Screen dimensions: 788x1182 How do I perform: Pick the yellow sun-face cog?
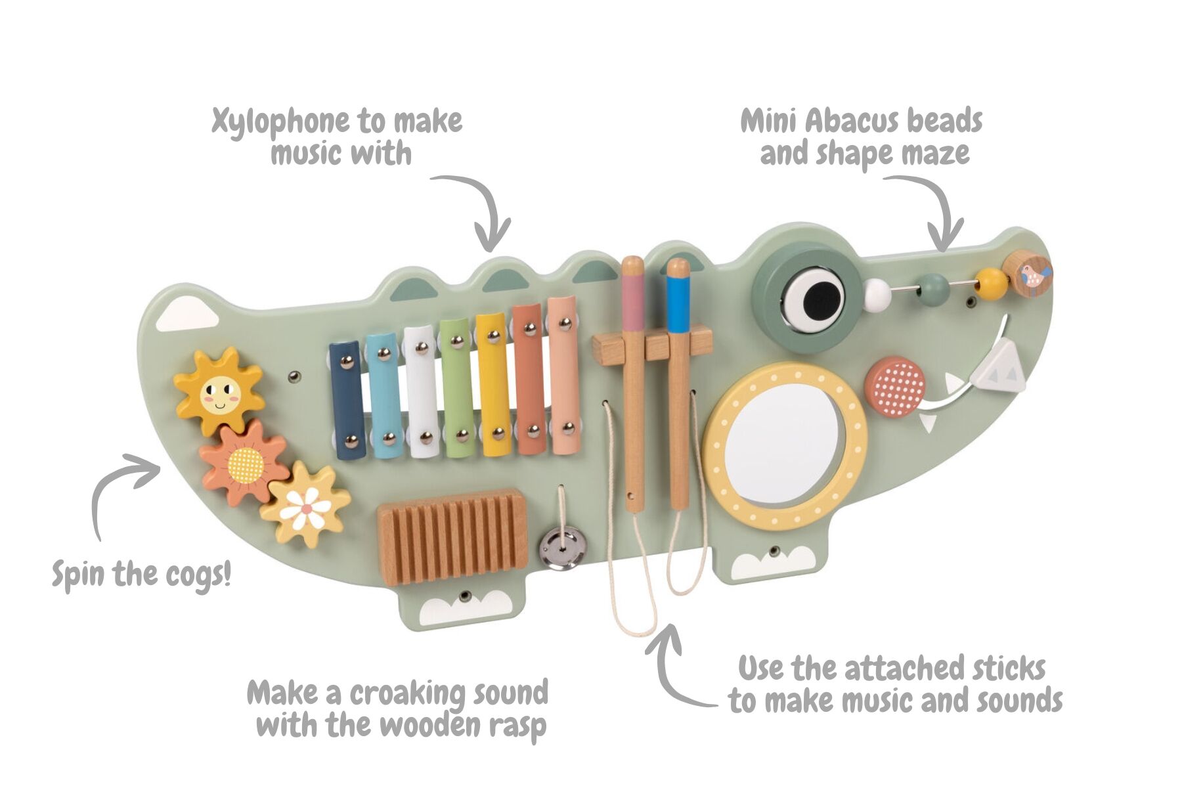[219, 391]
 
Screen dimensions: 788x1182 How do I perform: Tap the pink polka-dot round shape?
[894, 387]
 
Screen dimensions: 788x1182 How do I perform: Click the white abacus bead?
[877, 295]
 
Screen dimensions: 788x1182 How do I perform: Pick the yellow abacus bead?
[991, 283]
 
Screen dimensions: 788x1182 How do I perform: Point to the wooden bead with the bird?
[1027, 272]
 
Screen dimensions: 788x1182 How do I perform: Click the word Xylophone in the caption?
[280, 122]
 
